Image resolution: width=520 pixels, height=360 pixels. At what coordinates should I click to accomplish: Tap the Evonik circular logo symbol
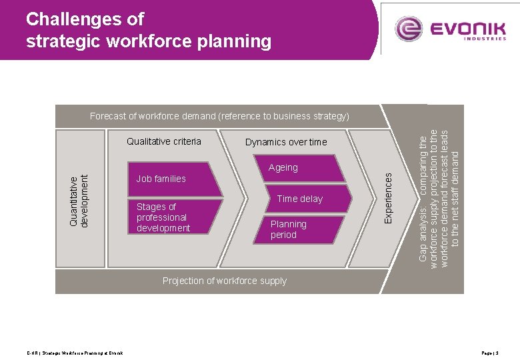coord(409,29)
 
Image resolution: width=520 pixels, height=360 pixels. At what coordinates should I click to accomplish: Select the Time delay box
coord(304,199)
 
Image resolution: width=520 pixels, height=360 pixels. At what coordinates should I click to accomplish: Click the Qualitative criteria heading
coord(163,141)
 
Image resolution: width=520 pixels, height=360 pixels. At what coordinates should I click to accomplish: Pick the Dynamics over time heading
coord(286,142)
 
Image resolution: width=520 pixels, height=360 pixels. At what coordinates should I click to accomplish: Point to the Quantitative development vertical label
coord(79,201)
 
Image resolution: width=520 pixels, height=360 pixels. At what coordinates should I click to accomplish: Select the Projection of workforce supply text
coord(225,281)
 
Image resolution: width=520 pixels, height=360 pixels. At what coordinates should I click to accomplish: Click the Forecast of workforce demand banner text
coord(219,116)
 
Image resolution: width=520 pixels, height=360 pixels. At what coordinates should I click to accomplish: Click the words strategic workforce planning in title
coord(148,42)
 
